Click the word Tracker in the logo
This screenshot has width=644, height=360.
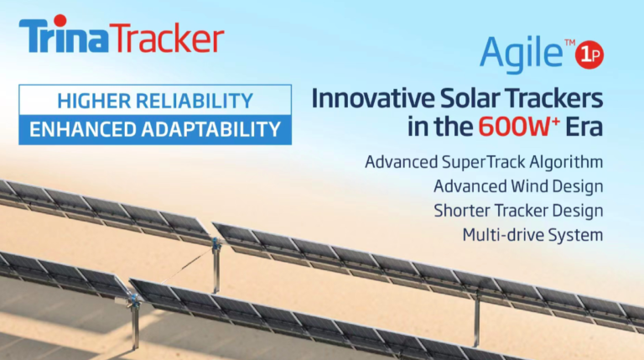pos(169,39)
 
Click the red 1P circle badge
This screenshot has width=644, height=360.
pos(589,55)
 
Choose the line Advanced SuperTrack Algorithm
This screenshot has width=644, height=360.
pos(484,161)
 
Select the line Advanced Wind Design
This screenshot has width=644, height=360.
pos(518,185)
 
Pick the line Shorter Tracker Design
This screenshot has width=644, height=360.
pos(517,210)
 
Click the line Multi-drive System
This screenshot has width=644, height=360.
pos(532,234)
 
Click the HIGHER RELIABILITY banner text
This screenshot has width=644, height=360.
pos(155,102)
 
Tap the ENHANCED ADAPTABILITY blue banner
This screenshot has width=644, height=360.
pos(155,129)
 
